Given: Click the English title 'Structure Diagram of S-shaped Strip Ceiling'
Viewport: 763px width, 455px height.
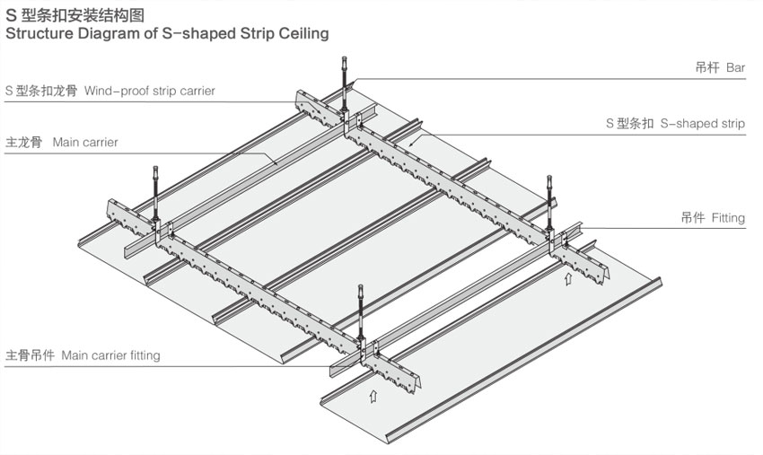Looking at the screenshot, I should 167,34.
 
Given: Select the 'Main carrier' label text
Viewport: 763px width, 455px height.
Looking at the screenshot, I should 85,142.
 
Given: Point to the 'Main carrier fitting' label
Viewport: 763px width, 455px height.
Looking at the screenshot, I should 110,355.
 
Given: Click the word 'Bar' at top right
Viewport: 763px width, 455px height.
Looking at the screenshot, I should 735,68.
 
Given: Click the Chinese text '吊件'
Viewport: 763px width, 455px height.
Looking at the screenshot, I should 692,218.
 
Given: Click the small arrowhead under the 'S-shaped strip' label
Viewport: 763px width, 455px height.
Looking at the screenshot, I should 410,143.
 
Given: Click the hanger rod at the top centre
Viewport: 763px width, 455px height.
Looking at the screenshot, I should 345,85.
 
